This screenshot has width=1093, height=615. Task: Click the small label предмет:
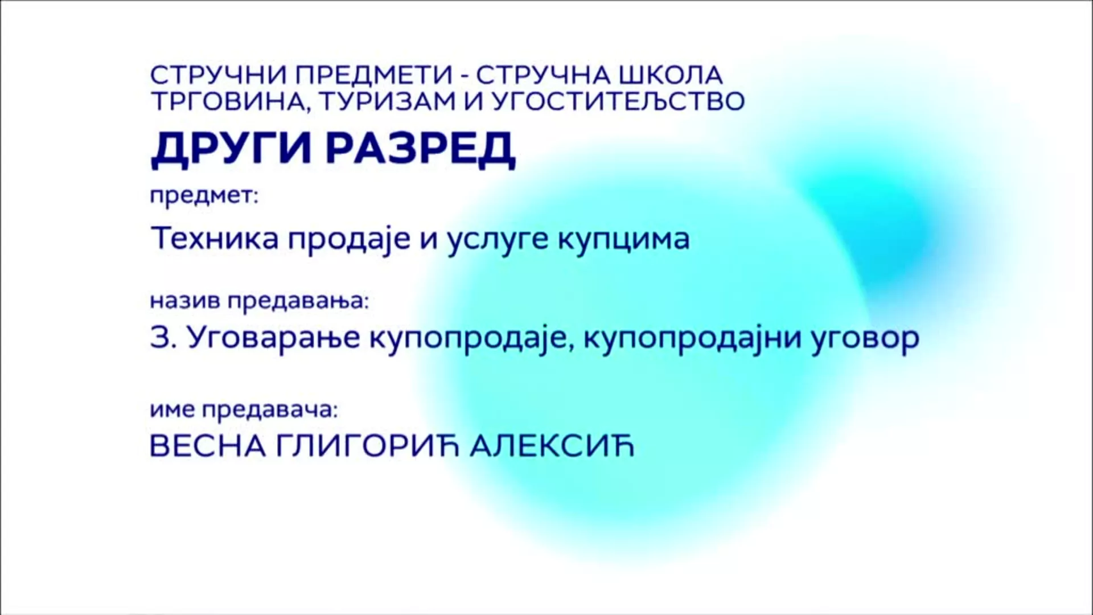pos(204,198)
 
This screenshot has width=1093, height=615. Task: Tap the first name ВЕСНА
pos(208,446)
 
